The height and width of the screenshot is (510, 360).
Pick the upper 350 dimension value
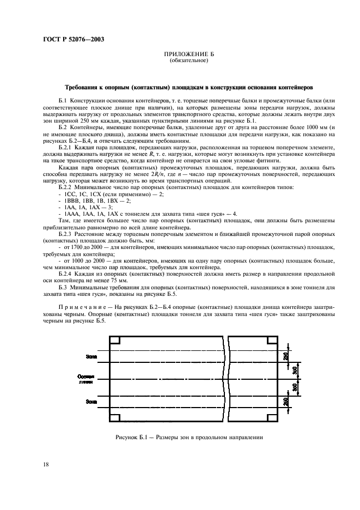[x=295, y=370]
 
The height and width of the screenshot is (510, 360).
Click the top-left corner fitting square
[x=114, y=341]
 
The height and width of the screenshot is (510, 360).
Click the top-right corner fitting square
[x=271, y=341]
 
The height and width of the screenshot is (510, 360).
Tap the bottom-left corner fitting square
[x=114, y=418]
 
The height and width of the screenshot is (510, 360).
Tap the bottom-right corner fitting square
[x=271, y=418]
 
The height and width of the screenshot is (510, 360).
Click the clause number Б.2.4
[x=66, y=274]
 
